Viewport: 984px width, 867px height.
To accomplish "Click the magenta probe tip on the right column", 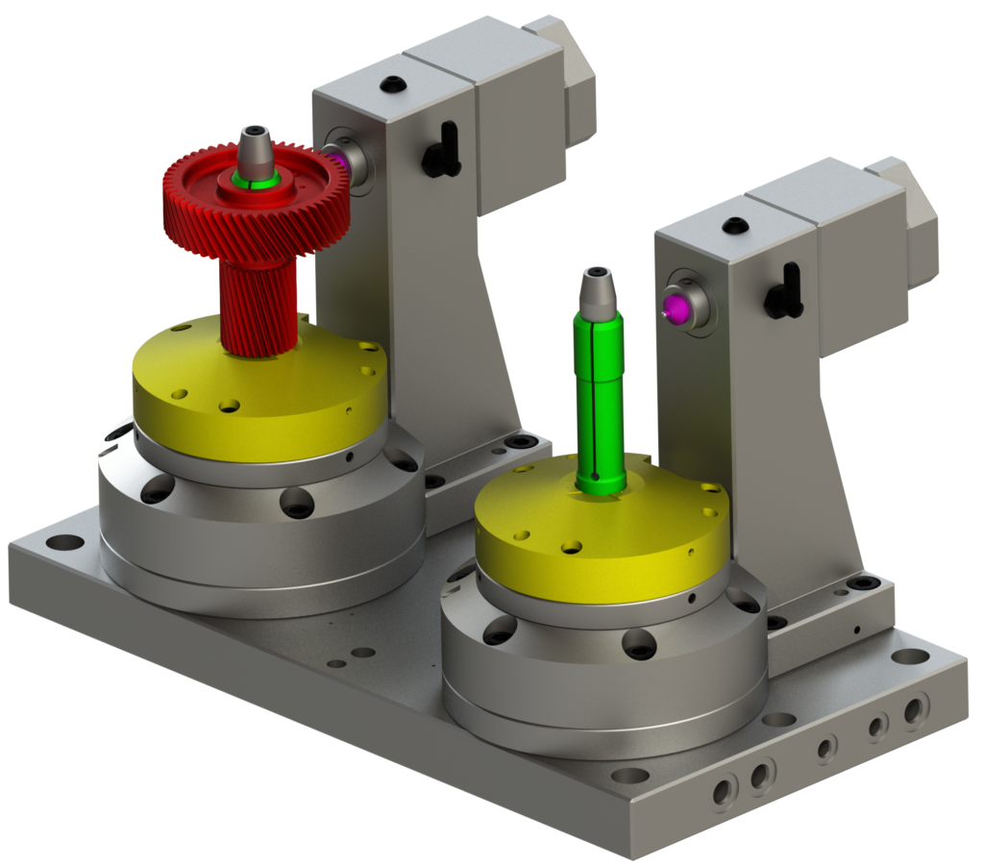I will [676, 307].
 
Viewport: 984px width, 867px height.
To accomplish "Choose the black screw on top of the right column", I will [736, 226].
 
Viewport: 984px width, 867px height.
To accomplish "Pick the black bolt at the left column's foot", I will [522, 441].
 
